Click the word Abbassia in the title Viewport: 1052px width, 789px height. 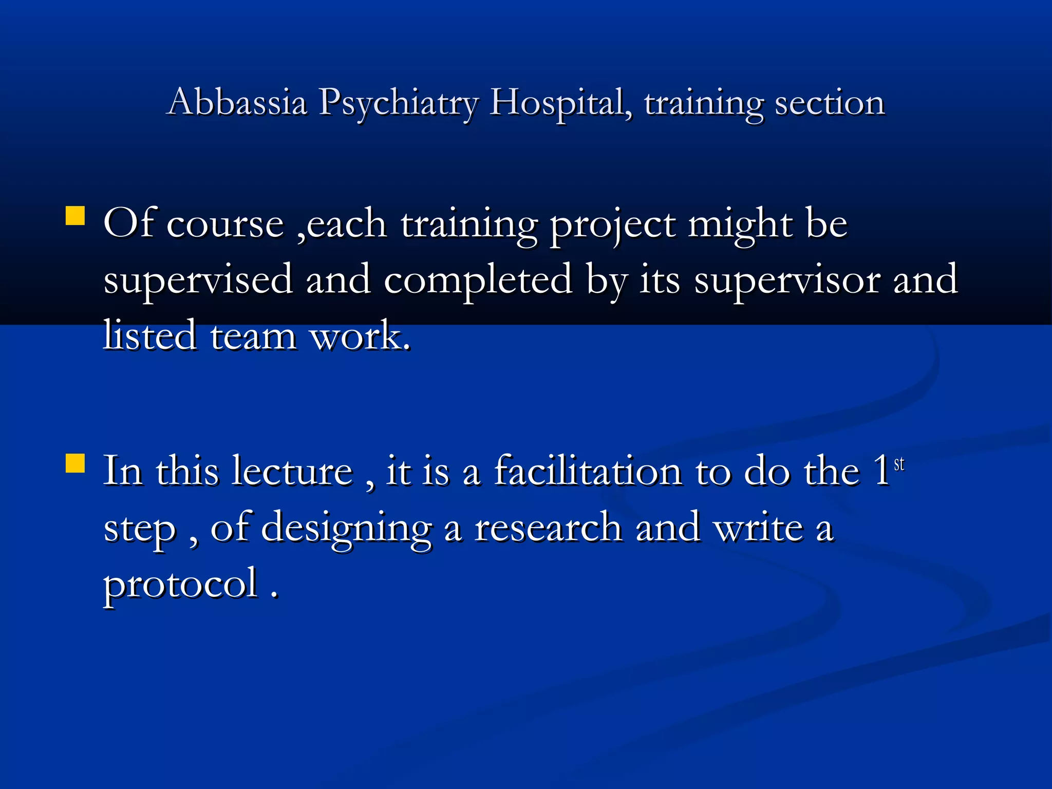[x=237, y=102]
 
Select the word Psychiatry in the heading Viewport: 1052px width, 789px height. [x=398, y=103]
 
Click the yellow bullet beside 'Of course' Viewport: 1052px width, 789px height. [x=76, y=216]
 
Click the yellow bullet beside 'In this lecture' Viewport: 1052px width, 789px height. [x=76, y=462]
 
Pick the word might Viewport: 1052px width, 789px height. [x=740, y=225]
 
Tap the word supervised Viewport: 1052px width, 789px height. [x=198, y=280]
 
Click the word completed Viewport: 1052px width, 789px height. [x=478, y=280]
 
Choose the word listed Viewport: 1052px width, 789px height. [x=150, y=335]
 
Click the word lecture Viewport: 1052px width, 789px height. [x=292, y=471]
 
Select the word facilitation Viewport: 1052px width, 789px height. [x=588, y=471]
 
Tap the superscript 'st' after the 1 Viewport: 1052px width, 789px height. [x=899, y=464]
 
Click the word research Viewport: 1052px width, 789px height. [x=548, y=528]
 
